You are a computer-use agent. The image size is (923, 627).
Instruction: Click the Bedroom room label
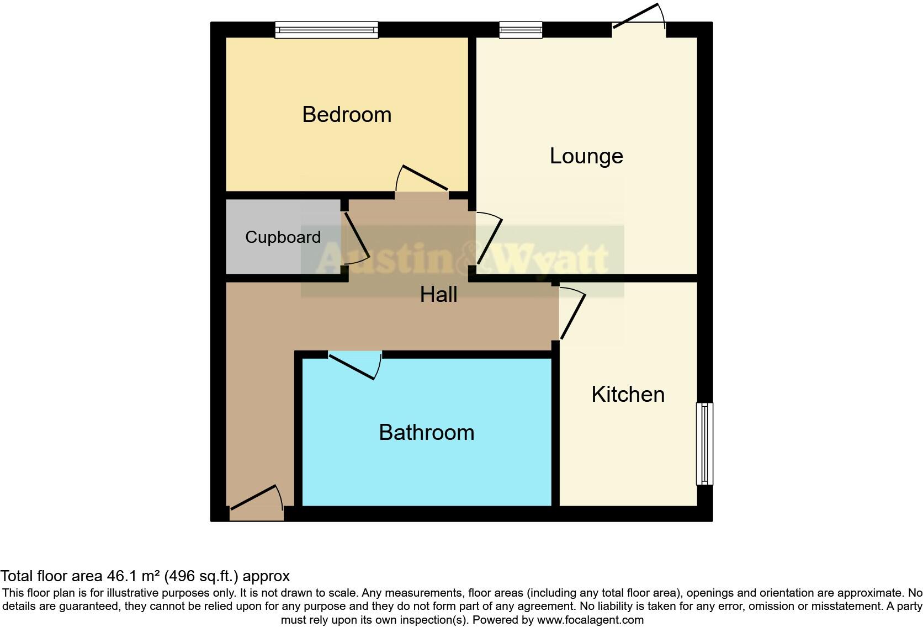pos(347,115)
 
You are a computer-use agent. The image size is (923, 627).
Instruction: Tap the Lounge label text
pos(586,156)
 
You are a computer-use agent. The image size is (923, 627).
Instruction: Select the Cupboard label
pos(283,237)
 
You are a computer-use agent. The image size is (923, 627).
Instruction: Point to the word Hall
pos(438,295)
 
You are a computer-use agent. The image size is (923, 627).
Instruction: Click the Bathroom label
pos(426,433)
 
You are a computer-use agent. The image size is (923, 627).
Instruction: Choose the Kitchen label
pos(628,395)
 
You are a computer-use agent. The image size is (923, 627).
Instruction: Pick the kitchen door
pos(573,316)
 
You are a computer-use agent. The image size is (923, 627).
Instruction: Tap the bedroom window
pos(326,30)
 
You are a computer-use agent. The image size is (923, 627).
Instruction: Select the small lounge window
pos(520,30)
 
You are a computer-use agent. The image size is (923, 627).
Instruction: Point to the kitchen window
pos(704,444)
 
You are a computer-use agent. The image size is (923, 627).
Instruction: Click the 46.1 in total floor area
pos(123,576)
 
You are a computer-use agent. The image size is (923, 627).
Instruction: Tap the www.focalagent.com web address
pos(590,620)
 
